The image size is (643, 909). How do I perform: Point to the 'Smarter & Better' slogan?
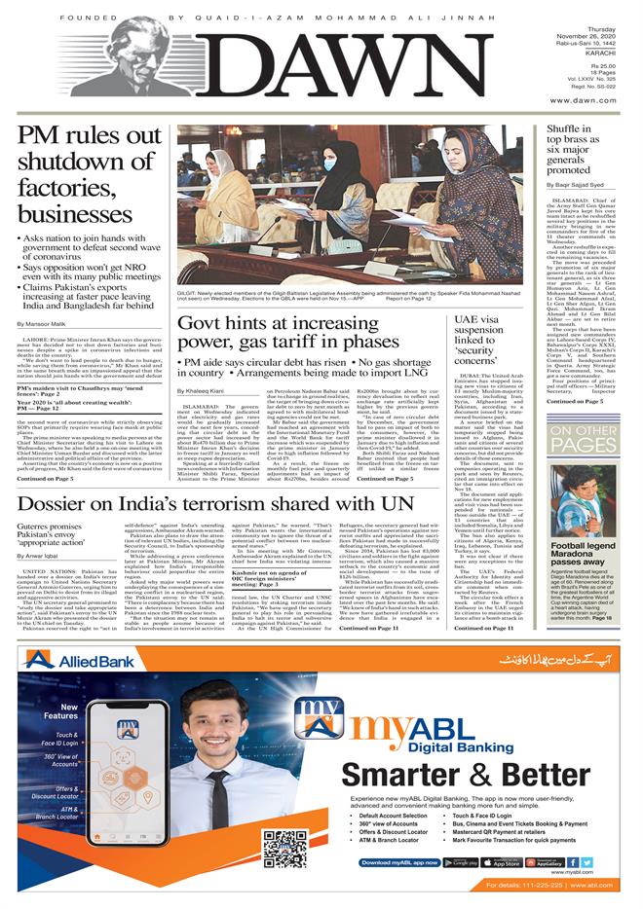(x=468, y=775)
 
